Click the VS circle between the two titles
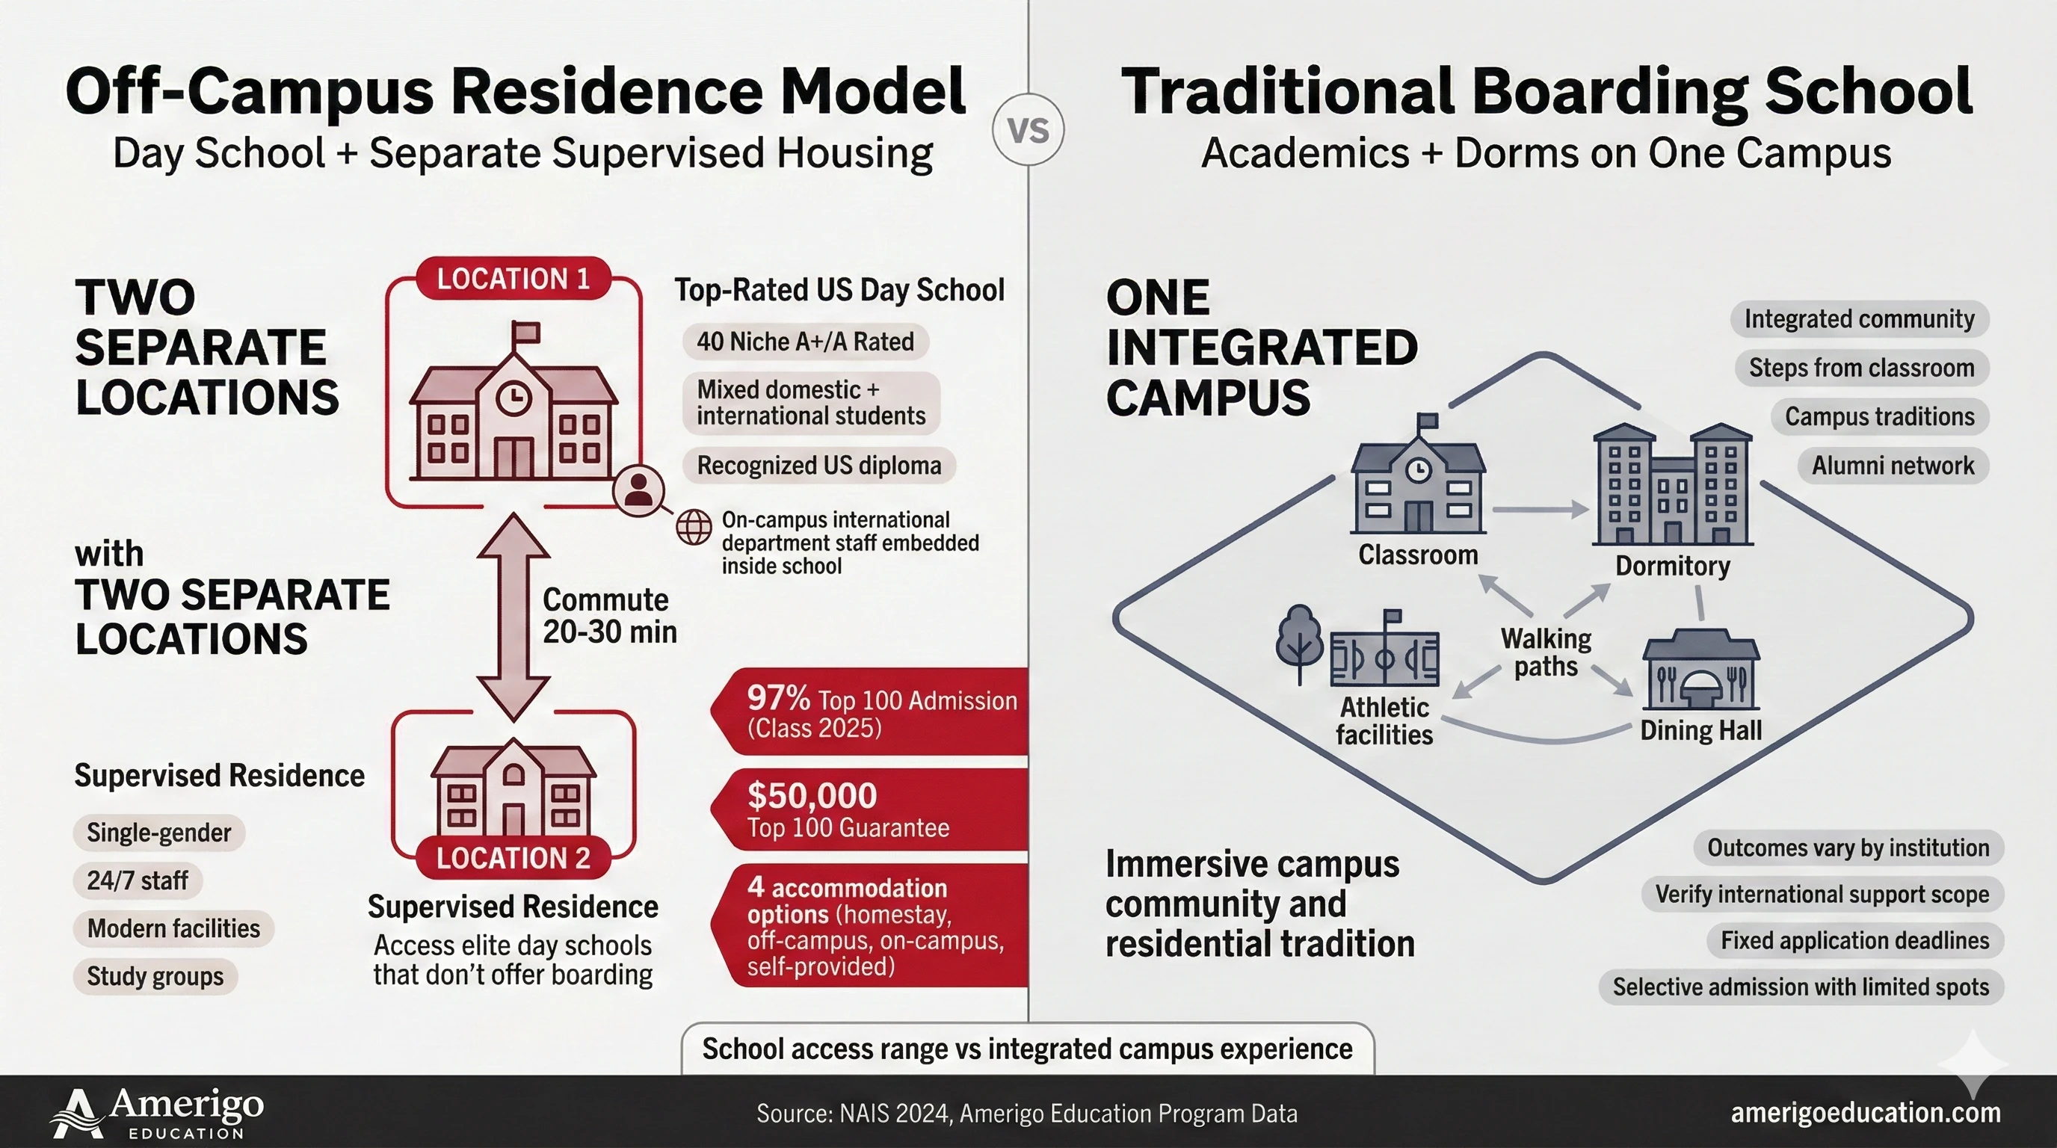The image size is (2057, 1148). tap(1028, 129)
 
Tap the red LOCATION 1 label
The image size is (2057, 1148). tap(513, 279)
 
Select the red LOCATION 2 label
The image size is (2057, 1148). tap(513, 857)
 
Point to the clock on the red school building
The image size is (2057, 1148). tap(514, 397)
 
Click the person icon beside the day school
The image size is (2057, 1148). tap(638, 490)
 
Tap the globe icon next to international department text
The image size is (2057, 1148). tap(693, 528)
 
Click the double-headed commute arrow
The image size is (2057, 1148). tap(513, 617)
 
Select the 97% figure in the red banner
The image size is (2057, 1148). tap(778, 699)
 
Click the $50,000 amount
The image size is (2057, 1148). tap(811, 795)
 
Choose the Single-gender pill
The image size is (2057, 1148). tap(159, 833)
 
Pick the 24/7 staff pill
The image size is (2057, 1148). tap(138, 880)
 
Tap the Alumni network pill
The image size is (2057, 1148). tap(1893, 466)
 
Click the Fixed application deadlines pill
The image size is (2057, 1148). tap(1854, 940)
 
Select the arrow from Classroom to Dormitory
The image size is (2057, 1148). tap(1539, 508)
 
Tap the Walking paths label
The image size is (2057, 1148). tap(1546, 652)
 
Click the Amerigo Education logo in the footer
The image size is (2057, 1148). tap(157, 1113)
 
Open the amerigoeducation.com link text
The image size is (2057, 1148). tap(1866, 1112)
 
